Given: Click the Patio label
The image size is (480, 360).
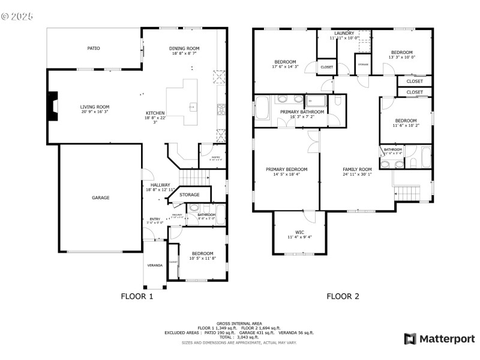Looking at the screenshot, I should [x=94, y=48].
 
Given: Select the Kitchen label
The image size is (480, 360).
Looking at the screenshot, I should [x=155, y=113].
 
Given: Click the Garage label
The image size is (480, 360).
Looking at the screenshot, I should [x=100, y=197].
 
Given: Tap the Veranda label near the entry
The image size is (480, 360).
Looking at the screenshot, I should [x=155, y=265].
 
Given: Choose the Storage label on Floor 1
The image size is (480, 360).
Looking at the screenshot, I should [x=190, y=195].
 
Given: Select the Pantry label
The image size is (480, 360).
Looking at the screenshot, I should [x=207, y=158].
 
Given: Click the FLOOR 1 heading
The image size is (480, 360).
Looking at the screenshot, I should [x=137, y=296].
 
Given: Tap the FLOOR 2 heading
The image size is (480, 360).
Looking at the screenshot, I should [x=343, y=296].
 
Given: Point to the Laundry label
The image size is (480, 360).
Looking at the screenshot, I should [x=344, y=33].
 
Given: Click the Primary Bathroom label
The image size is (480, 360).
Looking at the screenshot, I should [x=302, y=112].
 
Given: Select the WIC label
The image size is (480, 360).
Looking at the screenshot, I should [x=299, y=232].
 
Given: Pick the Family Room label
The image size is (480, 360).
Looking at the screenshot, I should [x=357, y=169].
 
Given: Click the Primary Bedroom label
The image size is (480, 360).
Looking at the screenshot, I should [x=286, y=169].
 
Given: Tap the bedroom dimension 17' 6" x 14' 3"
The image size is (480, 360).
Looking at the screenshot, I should [x=285, y=67].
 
